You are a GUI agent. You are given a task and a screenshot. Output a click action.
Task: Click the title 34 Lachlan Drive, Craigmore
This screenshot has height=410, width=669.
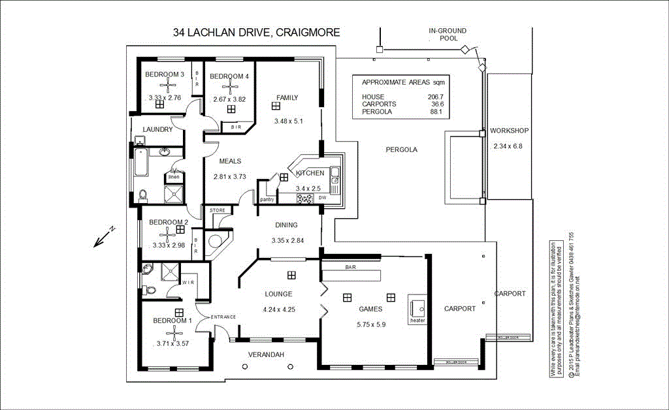pyautogui.click(x=256, y=33)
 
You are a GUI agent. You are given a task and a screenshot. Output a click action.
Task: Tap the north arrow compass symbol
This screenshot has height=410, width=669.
pyautogui.click(x=104, y=237)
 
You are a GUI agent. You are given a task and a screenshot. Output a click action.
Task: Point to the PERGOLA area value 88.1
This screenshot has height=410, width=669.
pyautogui.click(x=436, y=112)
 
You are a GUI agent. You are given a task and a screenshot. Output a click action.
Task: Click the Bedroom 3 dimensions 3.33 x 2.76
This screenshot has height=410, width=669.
pyautogui.click(x=165, y=98)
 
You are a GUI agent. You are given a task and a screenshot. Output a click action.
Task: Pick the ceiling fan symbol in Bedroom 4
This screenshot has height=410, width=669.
pyautogui.click(x=230, y=87)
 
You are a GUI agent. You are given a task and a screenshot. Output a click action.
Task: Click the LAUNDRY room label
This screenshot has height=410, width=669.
pyautogui.click(x=157, y=129)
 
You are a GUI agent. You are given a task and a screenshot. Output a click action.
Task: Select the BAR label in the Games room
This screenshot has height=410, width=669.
pyautogui.click(x=350, y=268)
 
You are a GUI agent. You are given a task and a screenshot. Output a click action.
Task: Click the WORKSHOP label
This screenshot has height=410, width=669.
pyautogui.click(x=510, y=131)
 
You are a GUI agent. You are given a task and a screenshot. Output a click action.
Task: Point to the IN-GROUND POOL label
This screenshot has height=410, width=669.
pyautogui.click(x=448, y=34)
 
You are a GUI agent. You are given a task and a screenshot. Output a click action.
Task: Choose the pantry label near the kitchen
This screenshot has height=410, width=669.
pyautogui.click(x=267, y=199)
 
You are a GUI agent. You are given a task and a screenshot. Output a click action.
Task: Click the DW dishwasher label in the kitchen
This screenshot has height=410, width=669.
pyautogui.click(x=322, y=198)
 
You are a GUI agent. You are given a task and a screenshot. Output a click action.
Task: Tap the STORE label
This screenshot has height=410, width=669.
pyautogui.click(x=217, y=210)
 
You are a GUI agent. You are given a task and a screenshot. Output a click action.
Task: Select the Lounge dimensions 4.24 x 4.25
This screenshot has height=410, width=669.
pyautogui.click(x=278, y=309)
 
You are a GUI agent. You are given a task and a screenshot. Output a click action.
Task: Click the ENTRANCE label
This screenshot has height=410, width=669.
pyautogui.click(x=223, y=317)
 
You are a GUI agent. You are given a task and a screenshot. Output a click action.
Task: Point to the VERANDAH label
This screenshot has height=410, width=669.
pyautogui.click(x=266, y=355)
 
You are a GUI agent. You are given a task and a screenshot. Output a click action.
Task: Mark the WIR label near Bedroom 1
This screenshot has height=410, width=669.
pyautogui.click(x=188, y=282)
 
